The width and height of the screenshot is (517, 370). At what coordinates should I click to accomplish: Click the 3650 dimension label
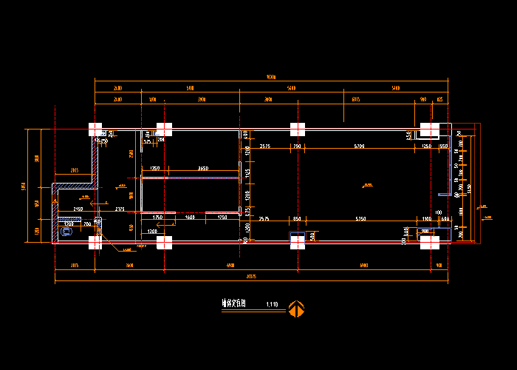coord(202,169)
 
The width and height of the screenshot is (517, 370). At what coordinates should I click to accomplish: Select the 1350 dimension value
coord(155,169)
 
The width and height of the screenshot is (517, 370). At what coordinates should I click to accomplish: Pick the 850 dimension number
coord(297,219)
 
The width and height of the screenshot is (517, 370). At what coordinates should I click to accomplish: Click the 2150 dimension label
coord(78,209)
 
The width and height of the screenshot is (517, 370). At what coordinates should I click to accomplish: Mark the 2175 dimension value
coord(120,209)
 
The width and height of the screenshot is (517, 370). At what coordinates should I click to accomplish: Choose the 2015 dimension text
coord(75,170)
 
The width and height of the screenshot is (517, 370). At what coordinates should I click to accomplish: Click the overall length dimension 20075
coord(250,277)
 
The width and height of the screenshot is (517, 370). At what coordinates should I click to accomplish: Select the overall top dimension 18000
coord(270,77)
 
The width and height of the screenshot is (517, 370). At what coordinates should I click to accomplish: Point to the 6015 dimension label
coord(355,98)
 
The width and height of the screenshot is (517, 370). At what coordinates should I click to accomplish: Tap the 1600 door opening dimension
coord(190,217)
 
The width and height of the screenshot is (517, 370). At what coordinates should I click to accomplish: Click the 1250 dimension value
coord(426,147)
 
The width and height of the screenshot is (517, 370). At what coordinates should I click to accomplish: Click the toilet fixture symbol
coord(66,232)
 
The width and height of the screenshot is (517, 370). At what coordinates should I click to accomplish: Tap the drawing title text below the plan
coord(234,303)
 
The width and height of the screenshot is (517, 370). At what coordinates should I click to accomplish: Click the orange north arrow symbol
coord(296,309)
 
